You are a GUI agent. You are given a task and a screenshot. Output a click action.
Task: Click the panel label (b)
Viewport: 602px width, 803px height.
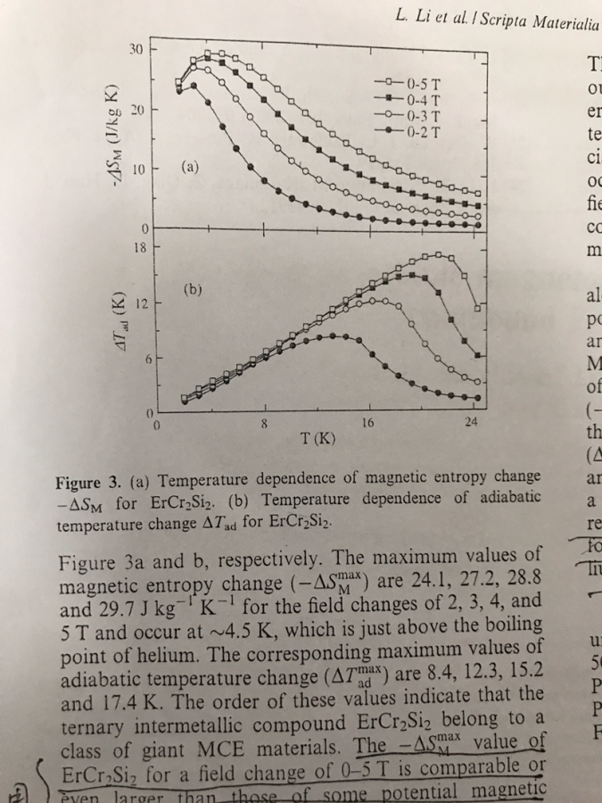click(x=194, y=289)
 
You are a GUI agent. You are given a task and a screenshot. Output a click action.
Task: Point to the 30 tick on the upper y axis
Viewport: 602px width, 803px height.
click(x=137, y=46)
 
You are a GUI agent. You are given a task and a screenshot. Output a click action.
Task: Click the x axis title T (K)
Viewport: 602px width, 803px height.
click(x=318, y=439)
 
